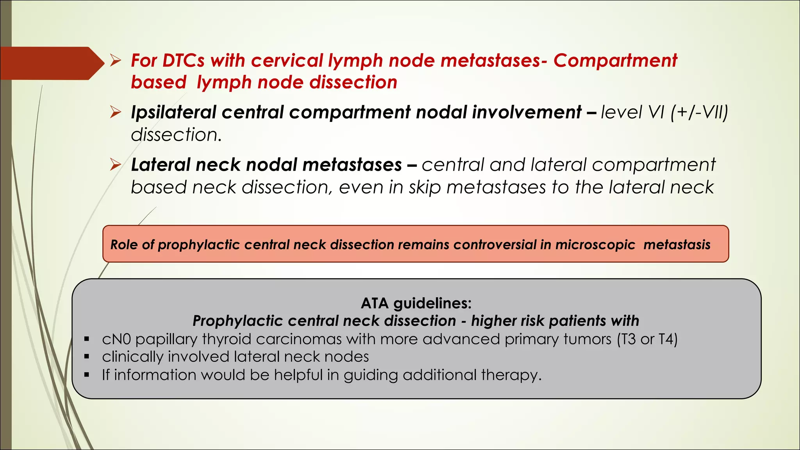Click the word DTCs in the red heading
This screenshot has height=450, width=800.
tap(183, 61)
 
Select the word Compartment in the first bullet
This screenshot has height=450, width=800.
tap(615, 61)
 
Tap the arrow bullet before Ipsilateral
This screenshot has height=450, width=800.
tap(115, 112)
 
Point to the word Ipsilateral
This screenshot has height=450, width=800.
tap(173, 112)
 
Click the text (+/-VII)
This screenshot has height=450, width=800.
tap(699, 112)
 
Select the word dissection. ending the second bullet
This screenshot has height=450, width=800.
tap(176, 135)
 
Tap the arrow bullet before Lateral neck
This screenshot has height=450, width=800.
tap(115, 164)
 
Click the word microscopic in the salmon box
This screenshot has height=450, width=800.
tap(595, 245)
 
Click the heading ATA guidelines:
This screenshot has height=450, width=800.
tap(416, 303)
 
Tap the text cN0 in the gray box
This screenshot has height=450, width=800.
tap(116, 339)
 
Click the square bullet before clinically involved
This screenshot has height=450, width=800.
tap(87, 357)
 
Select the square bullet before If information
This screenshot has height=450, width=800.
tap(87, 375)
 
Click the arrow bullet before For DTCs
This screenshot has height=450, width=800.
tap(115, 61)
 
